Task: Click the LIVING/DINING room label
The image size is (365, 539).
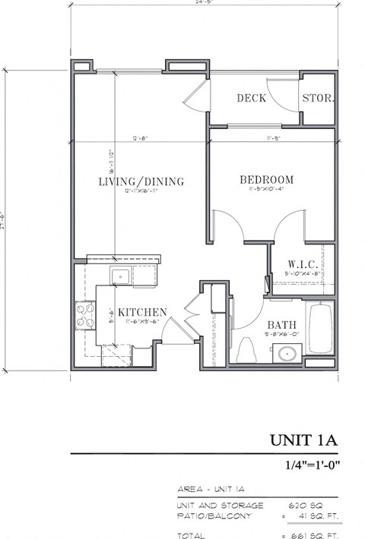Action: coord(141,181)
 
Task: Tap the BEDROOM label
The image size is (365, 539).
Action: coord(266,180)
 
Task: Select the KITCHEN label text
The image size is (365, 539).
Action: coord(142,312)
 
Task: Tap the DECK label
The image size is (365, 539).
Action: coord(250,98)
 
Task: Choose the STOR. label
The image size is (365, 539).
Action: coord(319,98)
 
